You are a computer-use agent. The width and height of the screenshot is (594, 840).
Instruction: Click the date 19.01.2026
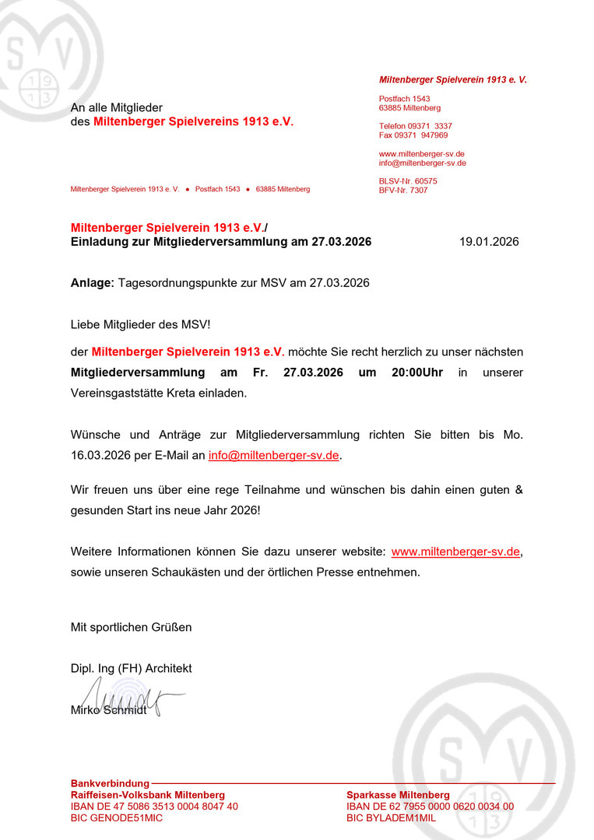(488, 242)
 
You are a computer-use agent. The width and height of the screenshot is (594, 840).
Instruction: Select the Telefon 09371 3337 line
(415, 126)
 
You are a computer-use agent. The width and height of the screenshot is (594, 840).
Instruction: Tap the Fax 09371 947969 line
(413, 135)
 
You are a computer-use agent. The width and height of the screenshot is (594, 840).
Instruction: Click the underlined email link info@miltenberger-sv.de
(273, 455)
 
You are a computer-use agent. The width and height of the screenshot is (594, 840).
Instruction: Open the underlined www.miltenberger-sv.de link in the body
(455, 551)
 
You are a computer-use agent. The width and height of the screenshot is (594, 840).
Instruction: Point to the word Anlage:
(93, 283)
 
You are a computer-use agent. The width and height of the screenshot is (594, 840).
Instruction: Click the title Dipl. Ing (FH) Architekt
(131, 668)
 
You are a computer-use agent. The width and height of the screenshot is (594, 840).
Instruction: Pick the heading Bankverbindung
(109, 783)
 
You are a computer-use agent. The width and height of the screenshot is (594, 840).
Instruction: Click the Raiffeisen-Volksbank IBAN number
(154, 807)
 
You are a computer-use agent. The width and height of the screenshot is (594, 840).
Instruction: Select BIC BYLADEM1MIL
(391, 818)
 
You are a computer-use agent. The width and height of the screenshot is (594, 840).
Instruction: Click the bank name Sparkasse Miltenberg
(398, 795)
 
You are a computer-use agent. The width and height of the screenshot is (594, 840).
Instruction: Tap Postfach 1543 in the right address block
(404, 99)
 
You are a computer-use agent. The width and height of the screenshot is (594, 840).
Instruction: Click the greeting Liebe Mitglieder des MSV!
(140, 324)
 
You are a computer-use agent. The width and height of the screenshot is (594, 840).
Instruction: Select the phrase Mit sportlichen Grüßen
(131, 627)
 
